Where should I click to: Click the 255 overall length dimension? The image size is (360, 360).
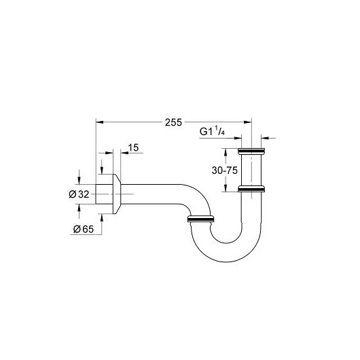(x=173, y=122)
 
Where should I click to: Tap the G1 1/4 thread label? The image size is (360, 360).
(x=212, y=132)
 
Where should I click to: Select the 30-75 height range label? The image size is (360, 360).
(x=225, y=170)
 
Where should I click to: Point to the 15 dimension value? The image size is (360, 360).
(x=133, y=147)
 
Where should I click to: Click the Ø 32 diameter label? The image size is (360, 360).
(x=79, y=194)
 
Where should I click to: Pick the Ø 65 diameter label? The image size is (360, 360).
(x=84, y=229)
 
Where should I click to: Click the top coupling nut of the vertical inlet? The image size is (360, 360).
(x=251, y=151)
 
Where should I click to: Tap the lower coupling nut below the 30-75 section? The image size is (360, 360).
(x=251, y=189)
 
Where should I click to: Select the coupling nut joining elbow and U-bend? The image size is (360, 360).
(x=200, y=219)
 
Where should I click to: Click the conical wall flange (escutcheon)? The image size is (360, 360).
(x=117, y=194)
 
